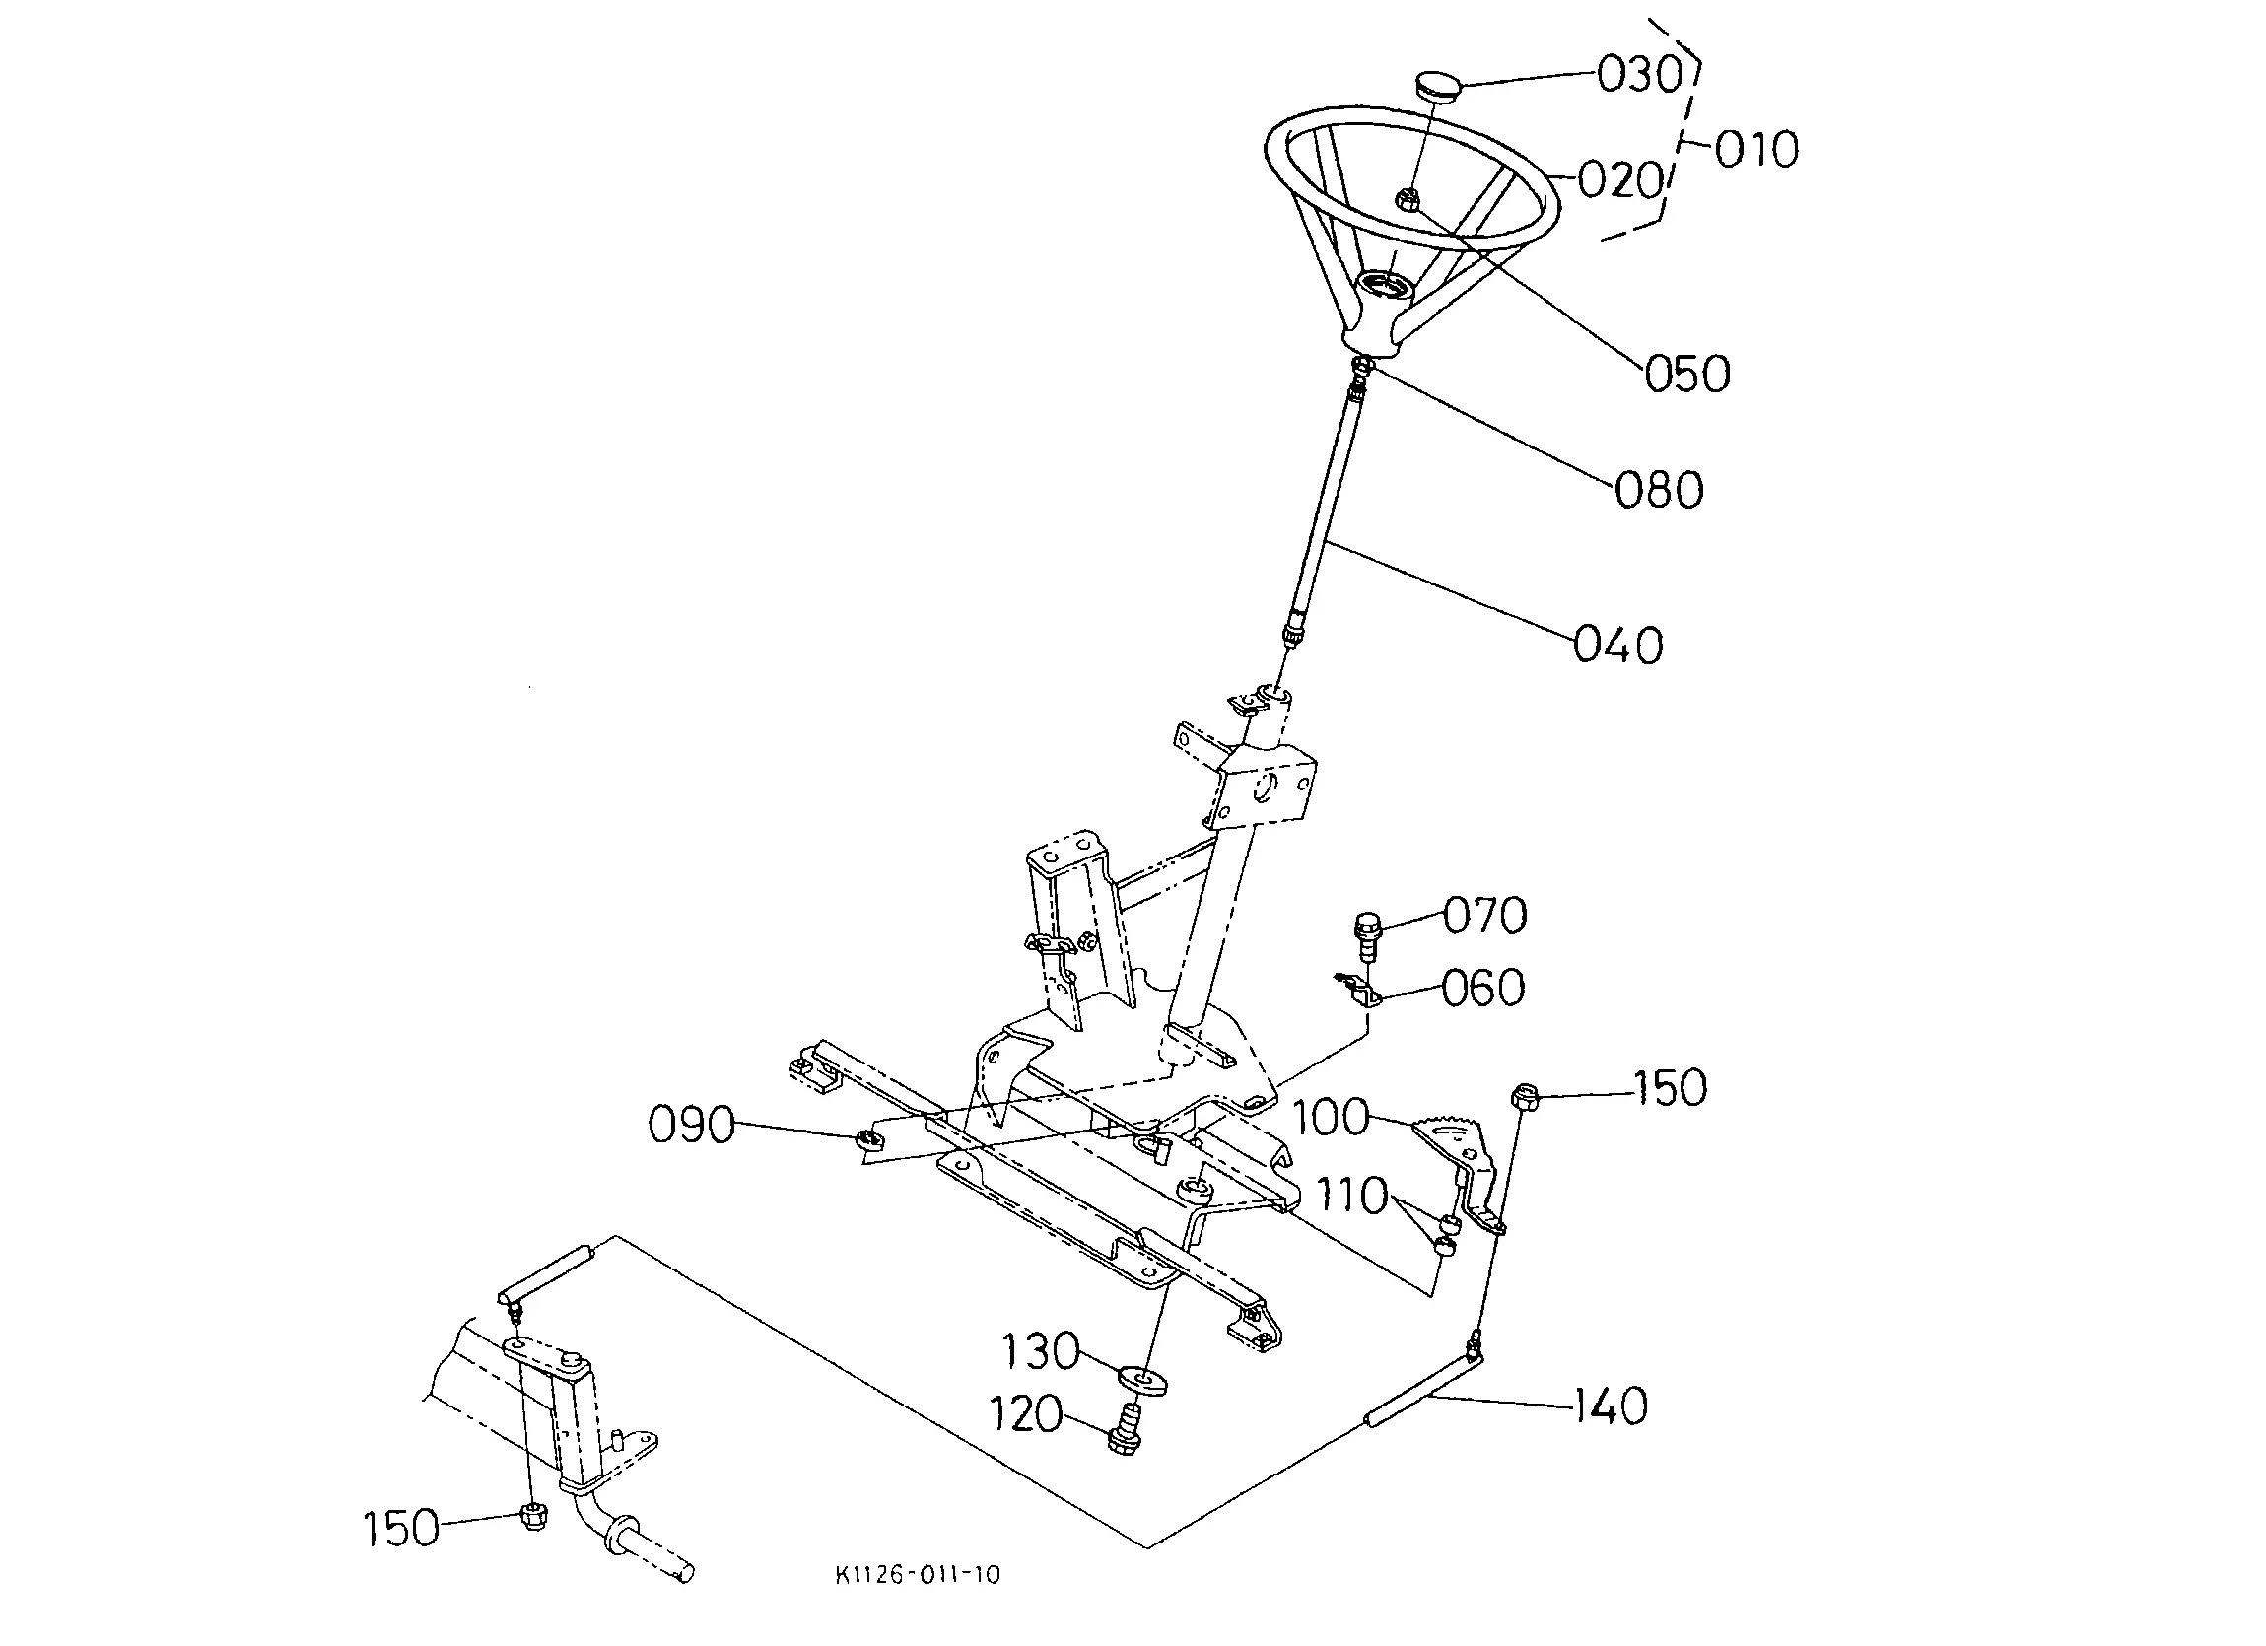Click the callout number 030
(x=1639, y=75)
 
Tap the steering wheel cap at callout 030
(x=1438, y=83)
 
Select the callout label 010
(x=1757, y=150)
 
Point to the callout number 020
(x=1620, y=181)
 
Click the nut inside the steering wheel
(x=1408, y=199)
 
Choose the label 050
(x=1687, y=374)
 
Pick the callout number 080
(x=1660, y=491)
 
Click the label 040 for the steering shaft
(x=1618, y=645)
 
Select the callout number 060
(x=1483, y=988)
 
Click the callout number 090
(x=691, y=1126)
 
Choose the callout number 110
(x=1351, y=1196)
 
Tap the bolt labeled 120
(x=1125, y=1429)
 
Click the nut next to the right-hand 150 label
(x=1525, y=1096)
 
